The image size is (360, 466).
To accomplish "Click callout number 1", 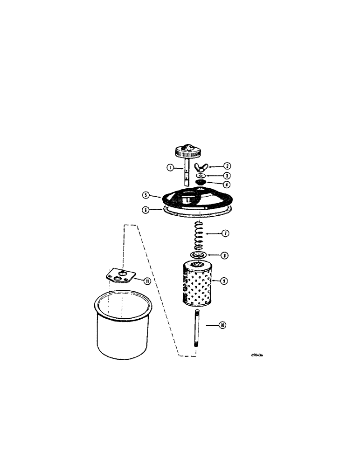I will [171, 167].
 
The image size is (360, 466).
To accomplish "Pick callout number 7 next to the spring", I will [225, 233].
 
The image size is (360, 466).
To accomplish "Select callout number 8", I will [225, 255].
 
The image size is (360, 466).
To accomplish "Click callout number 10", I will [222, 325].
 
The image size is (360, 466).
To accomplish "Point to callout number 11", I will [147, 281].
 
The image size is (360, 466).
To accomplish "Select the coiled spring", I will [197, 235].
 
